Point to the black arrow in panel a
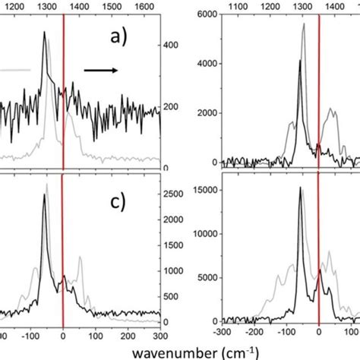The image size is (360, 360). (99, 70)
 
